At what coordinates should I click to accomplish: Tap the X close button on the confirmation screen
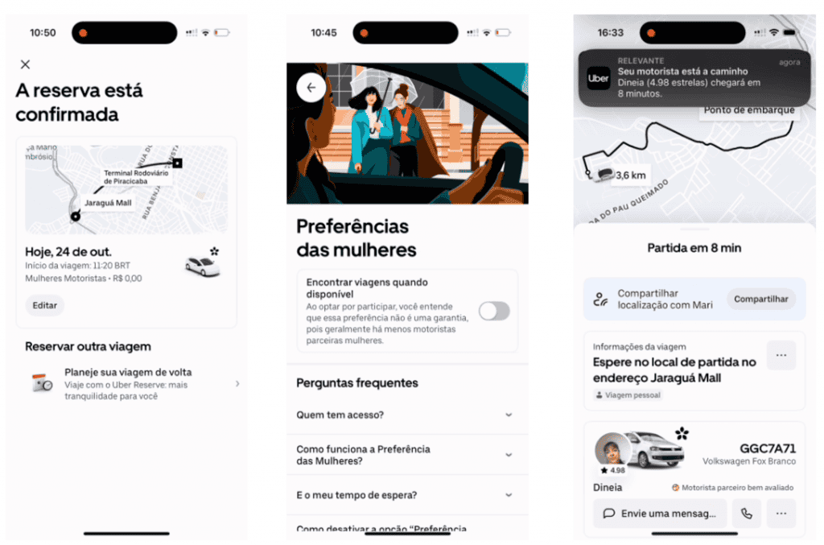tap(26, 64)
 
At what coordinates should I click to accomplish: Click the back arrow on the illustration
tap(311, 88)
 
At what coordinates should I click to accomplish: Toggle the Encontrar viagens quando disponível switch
tap(494, 312)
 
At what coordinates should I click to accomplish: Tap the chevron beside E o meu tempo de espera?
tap(509, 495)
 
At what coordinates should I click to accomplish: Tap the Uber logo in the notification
tap(598, 79)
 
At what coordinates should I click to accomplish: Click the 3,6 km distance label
tap(631, 175)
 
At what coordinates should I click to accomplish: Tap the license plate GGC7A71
tap(767, 448)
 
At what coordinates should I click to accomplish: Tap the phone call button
tap(747, 513)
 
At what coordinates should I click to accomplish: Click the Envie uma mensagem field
tap(660, 513)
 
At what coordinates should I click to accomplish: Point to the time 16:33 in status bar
tap(611, 33)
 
